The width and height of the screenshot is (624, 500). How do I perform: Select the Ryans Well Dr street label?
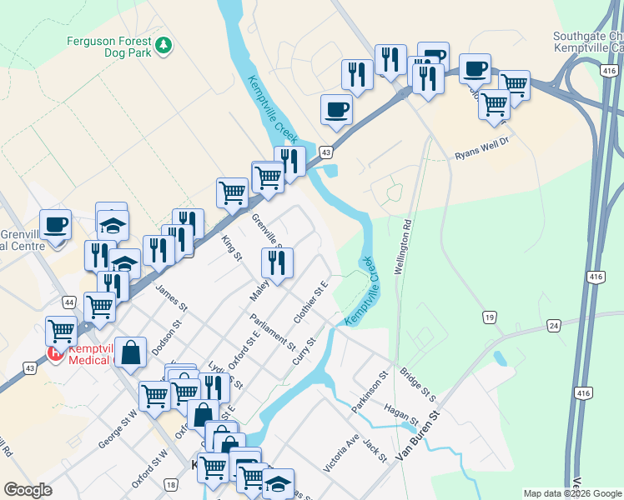[481, 155]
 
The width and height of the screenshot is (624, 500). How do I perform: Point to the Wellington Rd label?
[404, 247]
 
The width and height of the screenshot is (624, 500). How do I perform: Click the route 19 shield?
[490, 317]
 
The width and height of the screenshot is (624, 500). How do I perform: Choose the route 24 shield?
[554, 325]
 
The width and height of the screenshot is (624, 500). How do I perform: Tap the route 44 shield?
[69, 300]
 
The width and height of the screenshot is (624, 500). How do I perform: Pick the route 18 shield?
[171, 485]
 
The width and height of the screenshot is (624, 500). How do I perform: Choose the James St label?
[169, 298]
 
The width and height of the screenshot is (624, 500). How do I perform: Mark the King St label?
[231, 247]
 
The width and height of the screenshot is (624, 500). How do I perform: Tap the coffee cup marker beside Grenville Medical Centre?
[55, 224]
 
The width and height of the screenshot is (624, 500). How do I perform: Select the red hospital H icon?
[56, 353]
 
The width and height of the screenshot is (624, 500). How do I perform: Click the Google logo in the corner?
[28, 490]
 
